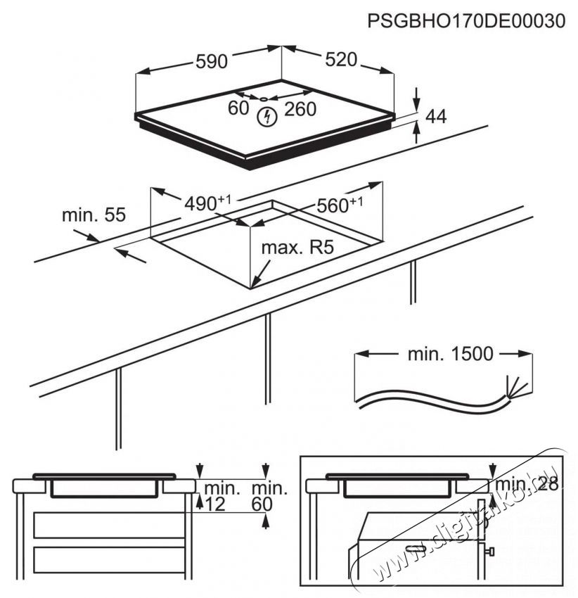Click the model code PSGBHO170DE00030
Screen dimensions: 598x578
click(466, 21)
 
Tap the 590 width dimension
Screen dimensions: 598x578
click(211, 62)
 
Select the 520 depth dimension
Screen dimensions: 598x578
click(341, 60)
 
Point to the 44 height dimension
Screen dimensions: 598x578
click(437, 117)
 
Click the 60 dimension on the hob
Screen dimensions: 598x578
click(239, 108)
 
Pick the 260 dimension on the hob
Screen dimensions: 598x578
click(300, 109)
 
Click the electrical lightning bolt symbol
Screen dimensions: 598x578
click(266, 117)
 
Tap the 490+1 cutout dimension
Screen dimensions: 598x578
click(207, 203)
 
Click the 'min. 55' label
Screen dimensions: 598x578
click(94, 215)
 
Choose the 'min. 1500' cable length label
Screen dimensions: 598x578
click(451, 354)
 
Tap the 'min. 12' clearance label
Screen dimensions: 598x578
click(219, 495)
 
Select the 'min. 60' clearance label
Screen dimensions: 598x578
click(269, 495)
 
